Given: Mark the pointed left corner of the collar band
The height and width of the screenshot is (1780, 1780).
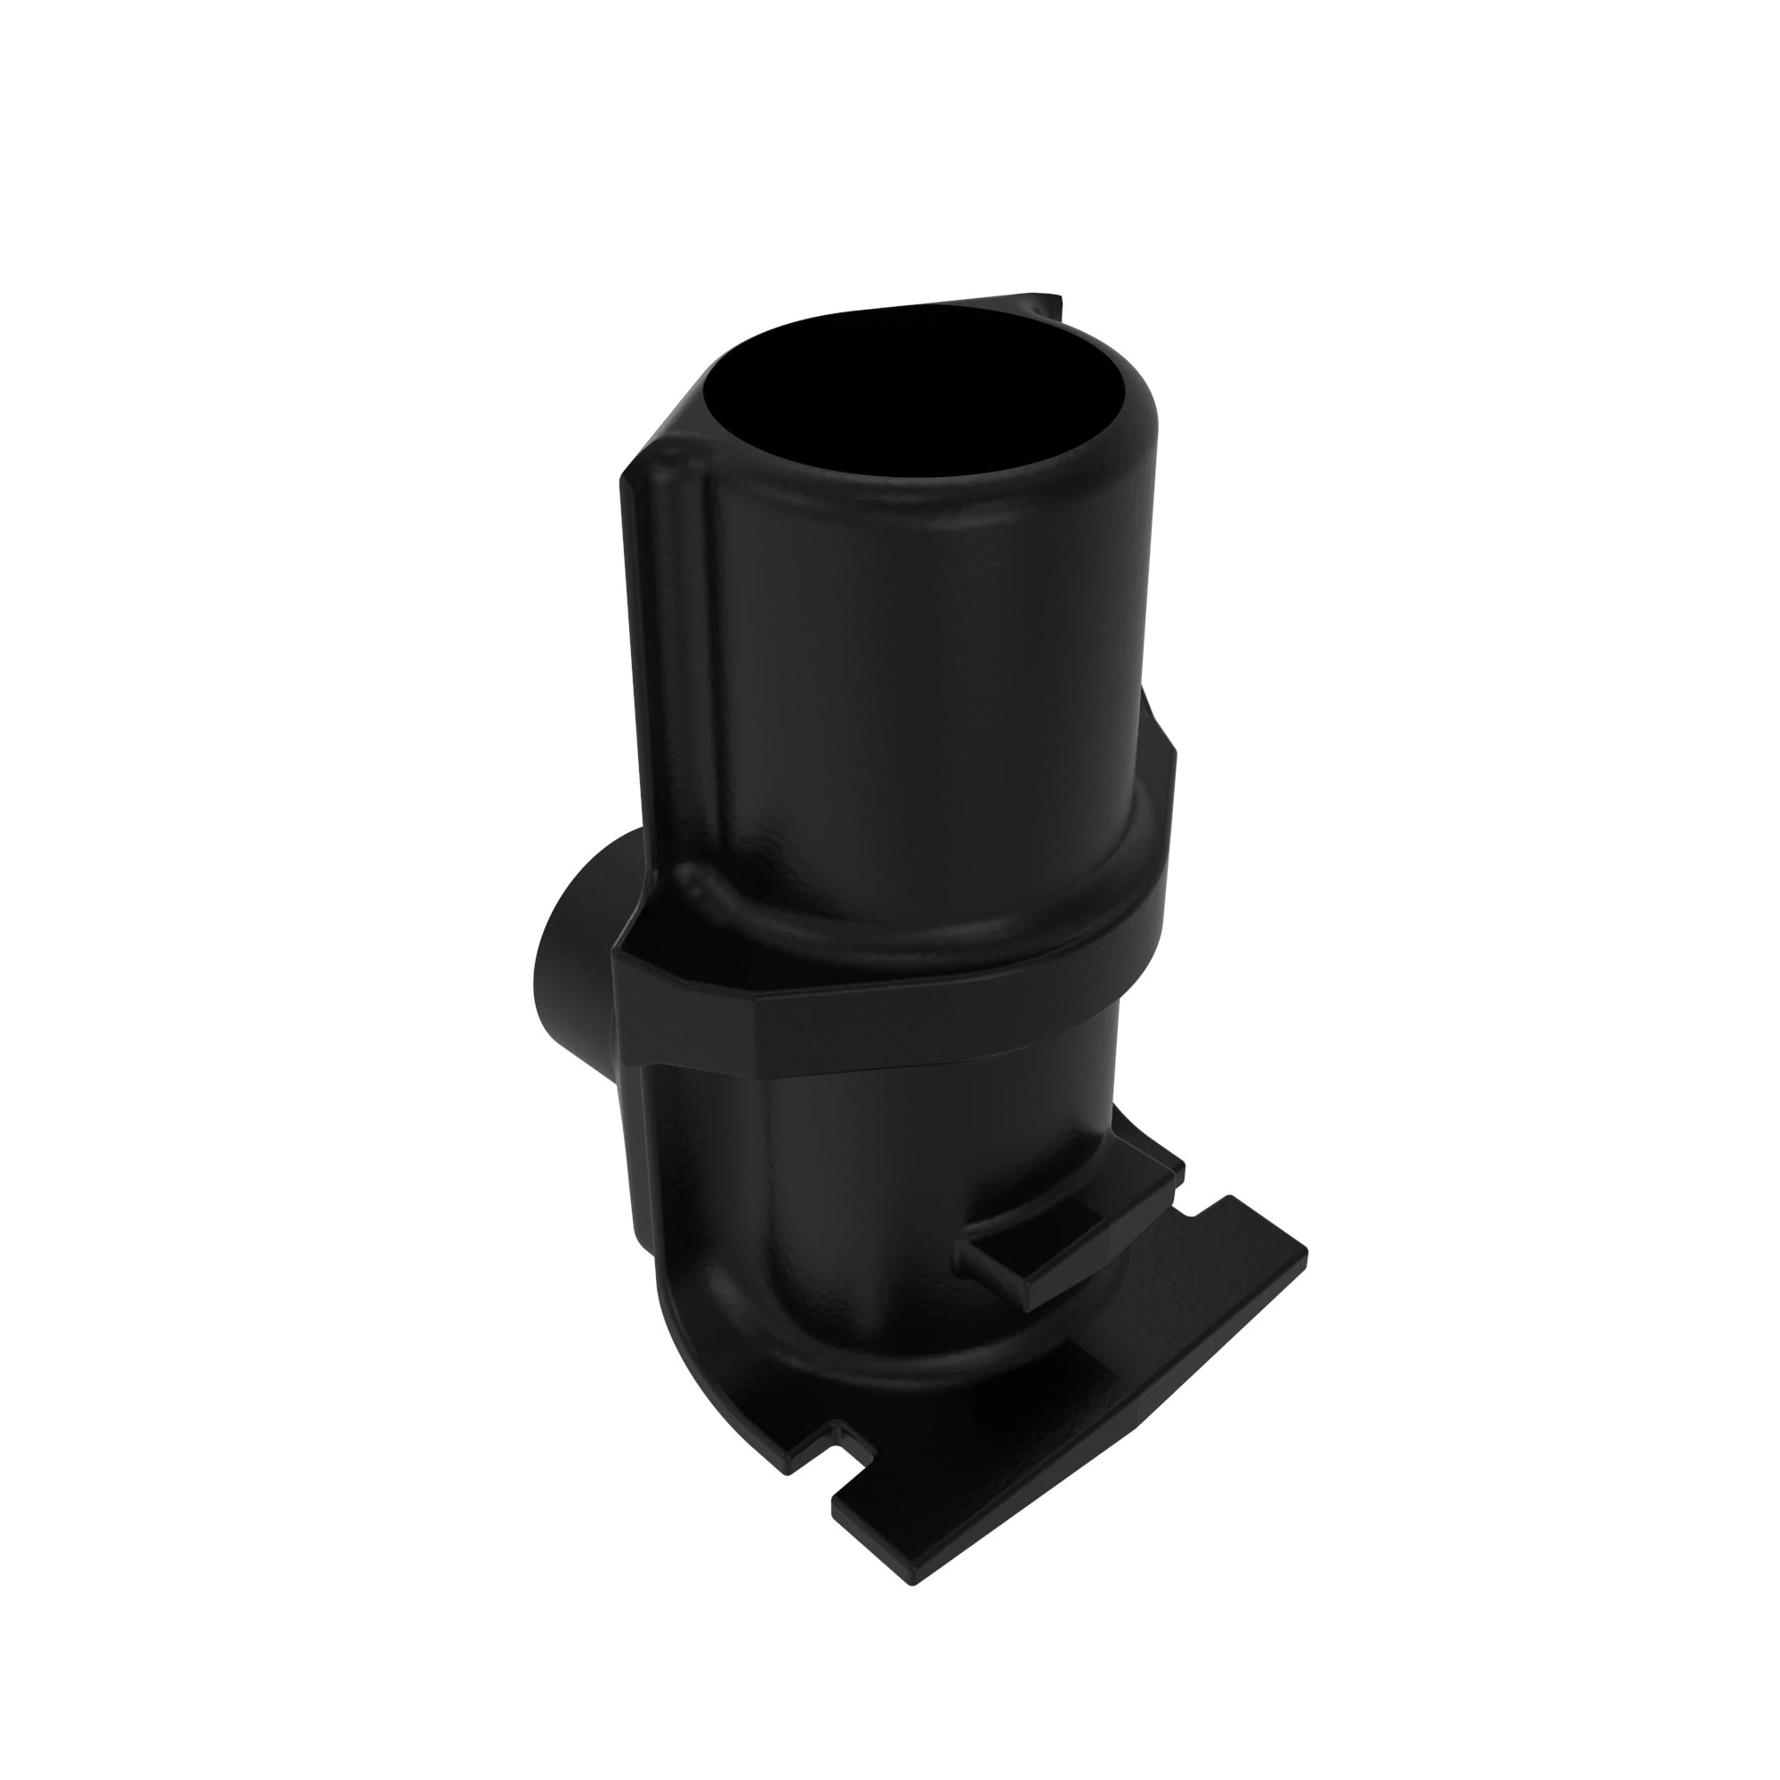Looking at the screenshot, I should pos(616,959).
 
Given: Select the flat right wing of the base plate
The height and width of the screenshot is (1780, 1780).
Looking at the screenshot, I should pos(1226,1290).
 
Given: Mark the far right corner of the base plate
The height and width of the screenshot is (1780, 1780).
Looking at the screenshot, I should pos(1304,1253).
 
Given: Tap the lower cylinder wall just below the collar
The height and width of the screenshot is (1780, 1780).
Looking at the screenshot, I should pos(875,1152).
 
